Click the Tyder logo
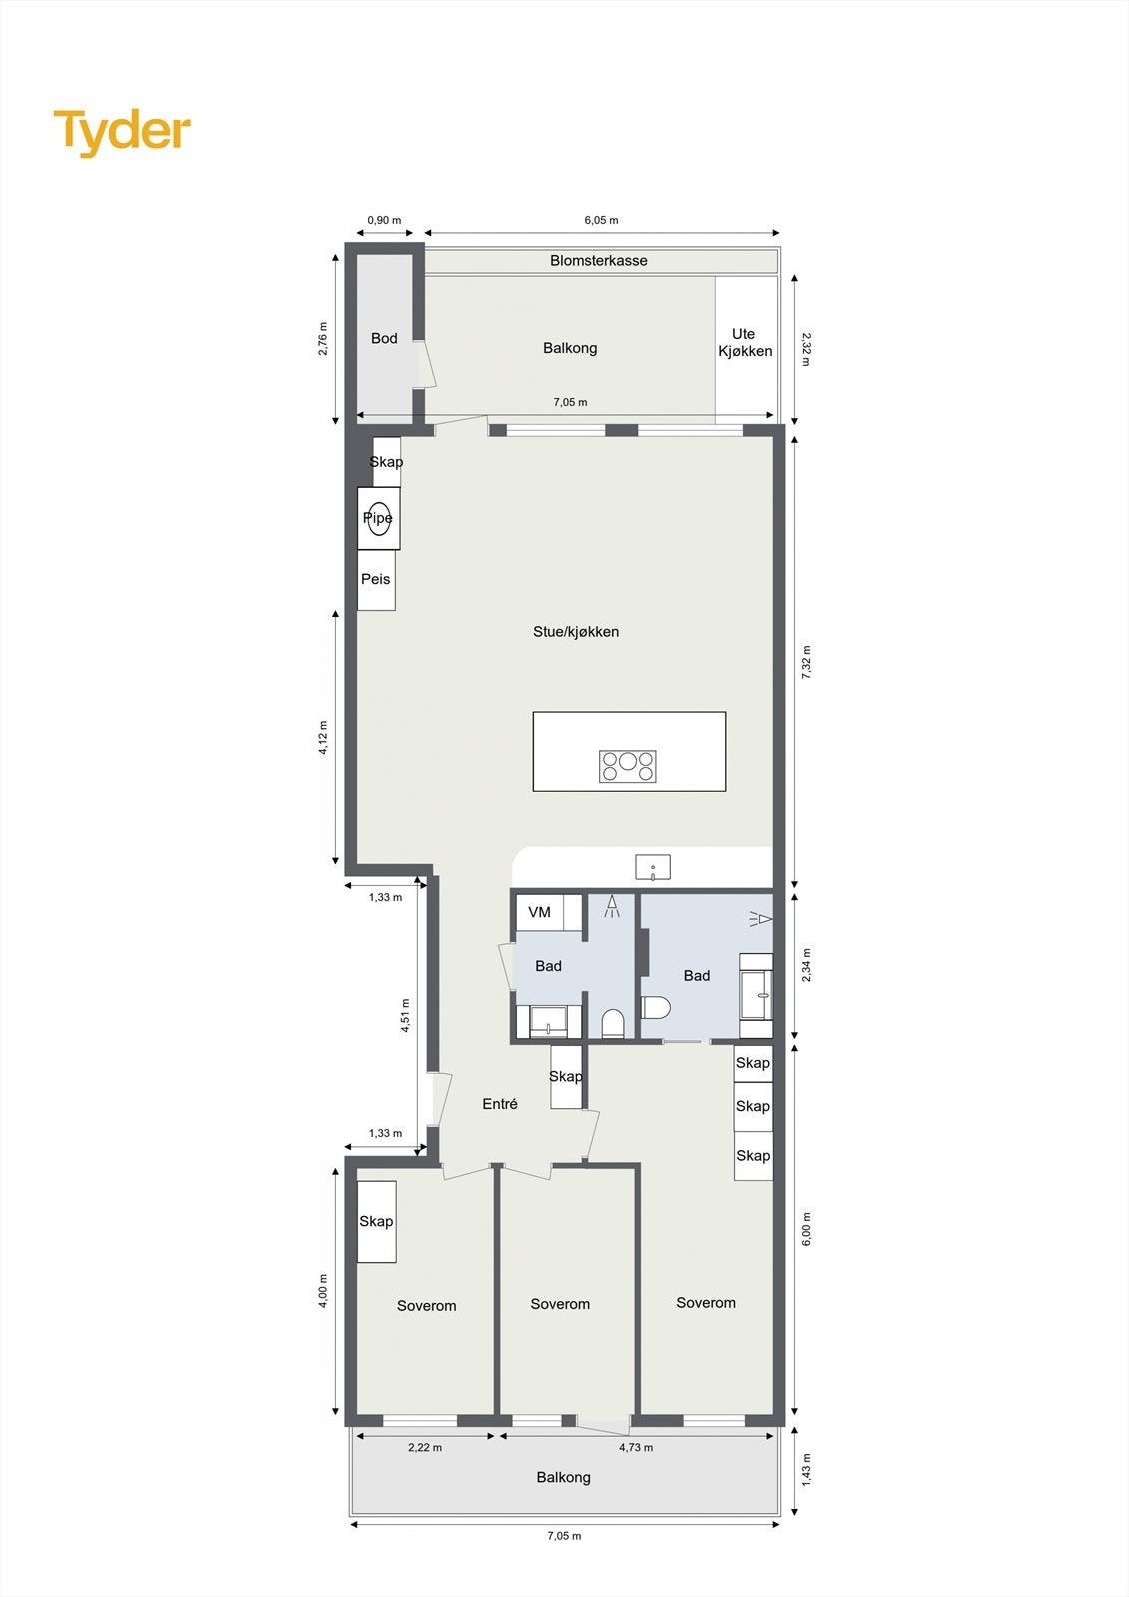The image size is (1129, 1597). point(122,132)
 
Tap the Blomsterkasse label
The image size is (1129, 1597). point(599,261)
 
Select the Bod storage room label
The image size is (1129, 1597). point(384,339)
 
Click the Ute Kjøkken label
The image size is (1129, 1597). point(745,343)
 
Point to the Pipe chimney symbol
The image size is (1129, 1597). point(378,518)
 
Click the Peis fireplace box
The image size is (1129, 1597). point(376,580)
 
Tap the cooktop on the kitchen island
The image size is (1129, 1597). point(628,766)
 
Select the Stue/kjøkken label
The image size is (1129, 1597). point(576,632)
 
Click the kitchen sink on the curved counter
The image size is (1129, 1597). point(653,868)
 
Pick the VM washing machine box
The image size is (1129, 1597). point(540,912)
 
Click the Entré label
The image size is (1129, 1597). point(500,1104)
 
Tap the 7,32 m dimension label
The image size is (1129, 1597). point(807,663)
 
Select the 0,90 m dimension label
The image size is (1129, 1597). point(384,221)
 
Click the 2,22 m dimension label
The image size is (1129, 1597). point(425,1447)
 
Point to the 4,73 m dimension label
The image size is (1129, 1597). point(636,1447)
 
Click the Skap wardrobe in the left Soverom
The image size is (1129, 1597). point(376,1222)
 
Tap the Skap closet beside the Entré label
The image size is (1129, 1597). point(566,1077)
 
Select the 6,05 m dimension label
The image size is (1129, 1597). point(601,221)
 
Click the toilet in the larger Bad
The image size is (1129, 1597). point(654,1006)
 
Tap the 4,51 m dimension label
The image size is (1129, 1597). point(406,1016)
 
